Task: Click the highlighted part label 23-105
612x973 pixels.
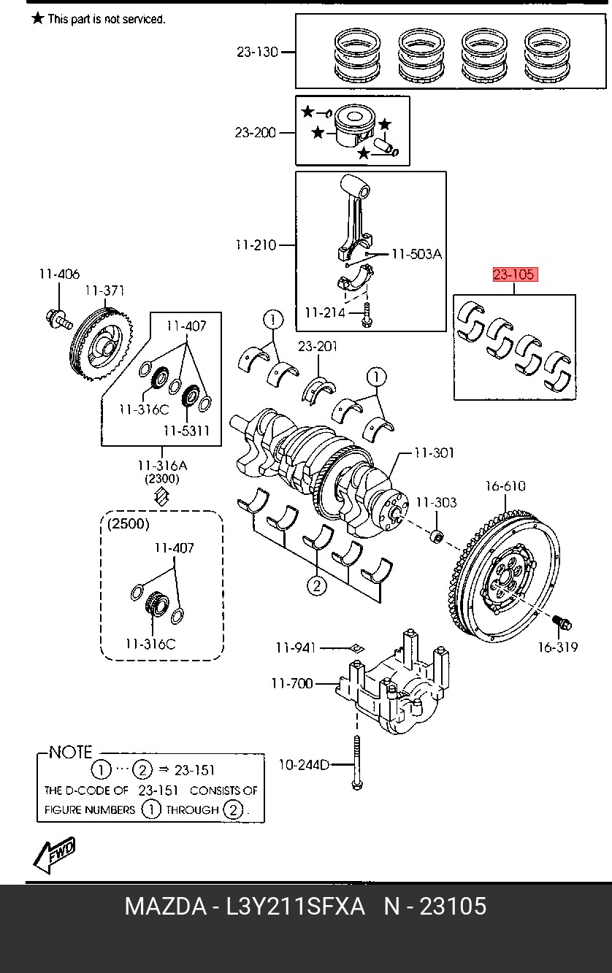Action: click(515, 274)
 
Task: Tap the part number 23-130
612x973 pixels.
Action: click(257, 52)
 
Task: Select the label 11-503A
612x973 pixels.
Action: click(417, 254)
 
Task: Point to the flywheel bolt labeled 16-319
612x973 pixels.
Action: click(562, 624)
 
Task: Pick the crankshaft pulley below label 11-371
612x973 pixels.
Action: click(102, 344)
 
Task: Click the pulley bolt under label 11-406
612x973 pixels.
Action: click(58, 319)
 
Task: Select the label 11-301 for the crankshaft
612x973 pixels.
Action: click(434, 453)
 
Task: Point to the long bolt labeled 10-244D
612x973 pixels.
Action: click(357, 763)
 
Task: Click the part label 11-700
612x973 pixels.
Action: click(292, 684)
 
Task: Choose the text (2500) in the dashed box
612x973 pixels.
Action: click(129, 524)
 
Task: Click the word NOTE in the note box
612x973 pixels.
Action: click(70, 753)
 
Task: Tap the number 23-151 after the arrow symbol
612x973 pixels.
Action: click(194, 770)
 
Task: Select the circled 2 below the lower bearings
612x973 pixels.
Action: click(316, 586)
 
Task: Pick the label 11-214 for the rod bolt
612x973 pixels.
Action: click(325, 312)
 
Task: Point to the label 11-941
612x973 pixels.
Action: click(296, 647)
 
